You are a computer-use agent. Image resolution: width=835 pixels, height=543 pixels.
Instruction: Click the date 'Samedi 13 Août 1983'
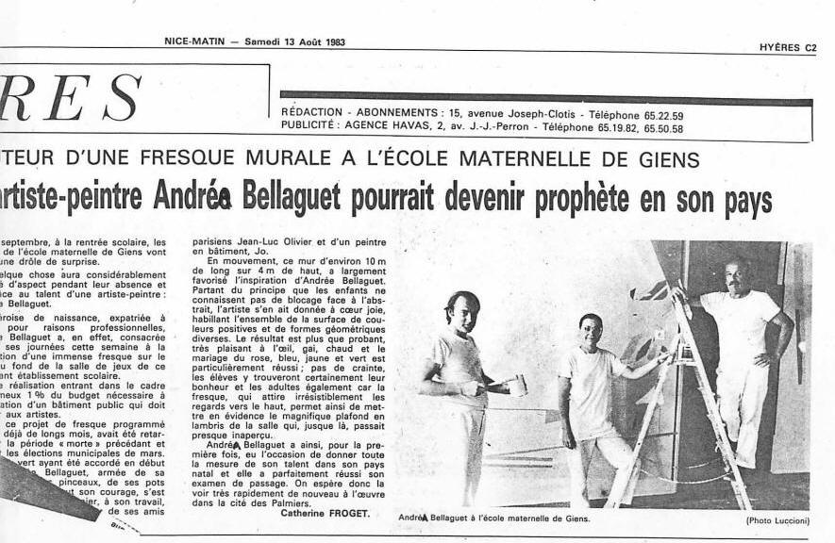(294, 41)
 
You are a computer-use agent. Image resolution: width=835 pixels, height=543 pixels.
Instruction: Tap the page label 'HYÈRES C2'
(788, 47)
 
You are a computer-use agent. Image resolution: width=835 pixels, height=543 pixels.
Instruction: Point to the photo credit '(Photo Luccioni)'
(778, 519)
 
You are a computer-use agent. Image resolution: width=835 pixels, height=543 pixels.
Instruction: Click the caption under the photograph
(493, 518)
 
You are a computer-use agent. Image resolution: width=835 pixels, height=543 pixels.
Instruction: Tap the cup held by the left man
(516, 385)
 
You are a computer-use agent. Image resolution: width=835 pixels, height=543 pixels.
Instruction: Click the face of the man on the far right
(738, 278)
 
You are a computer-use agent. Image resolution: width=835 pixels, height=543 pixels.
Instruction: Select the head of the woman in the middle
(592, 330)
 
